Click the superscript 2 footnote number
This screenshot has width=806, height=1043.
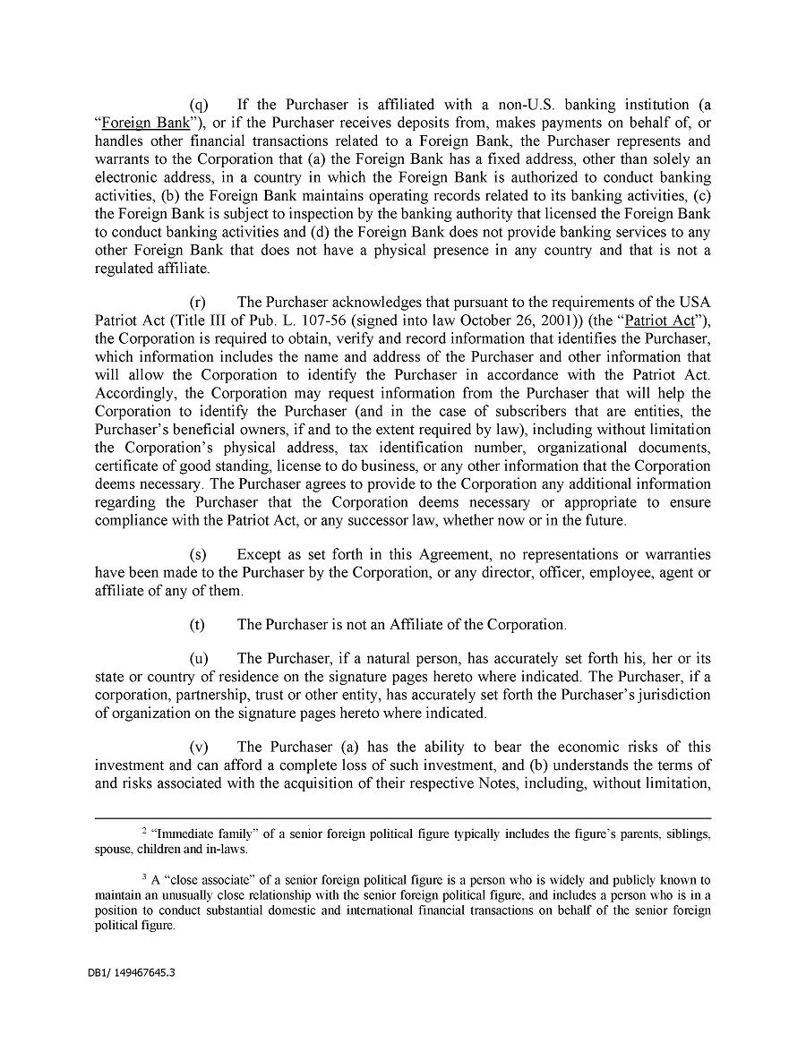click(x=145, y=831)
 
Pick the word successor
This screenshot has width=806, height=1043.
click(x=359, y=521)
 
